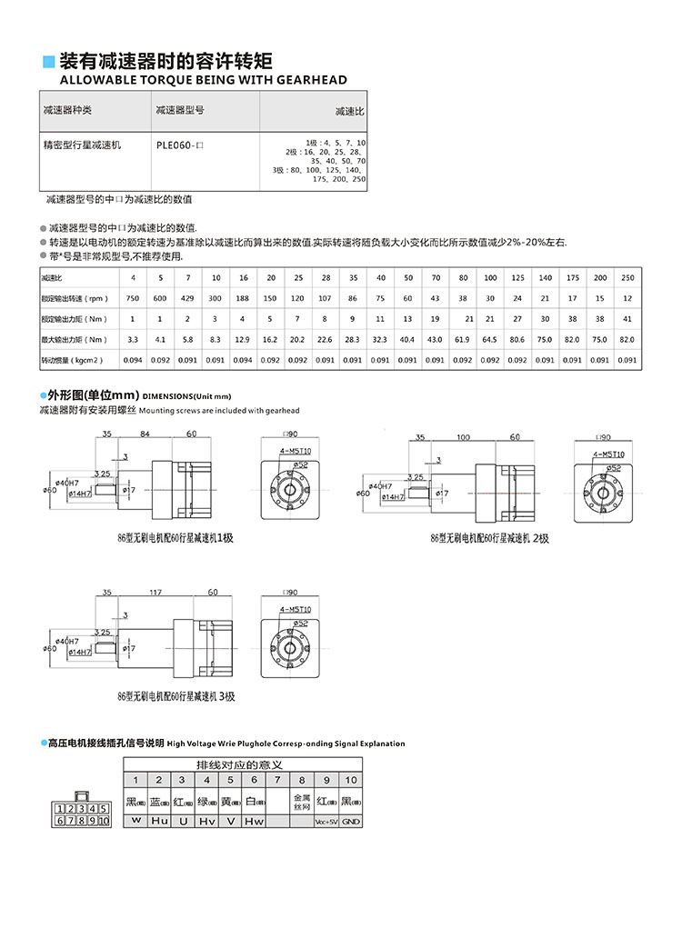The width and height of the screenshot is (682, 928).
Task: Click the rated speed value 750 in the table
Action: tap(133, 299)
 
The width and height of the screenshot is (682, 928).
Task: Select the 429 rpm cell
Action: tap(188, 299)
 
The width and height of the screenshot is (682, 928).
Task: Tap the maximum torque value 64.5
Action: tap(490, 340)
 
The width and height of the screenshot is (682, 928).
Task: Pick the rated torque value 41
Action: tap(627, 319)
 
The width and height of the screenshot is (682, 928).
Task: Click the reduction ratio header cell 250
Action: tap(627, 277)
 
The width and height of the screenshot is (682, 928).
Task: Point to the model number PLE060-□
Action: tap(179, 145)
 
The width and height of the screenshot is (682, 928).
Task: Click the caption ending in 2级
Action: tap(489, 538)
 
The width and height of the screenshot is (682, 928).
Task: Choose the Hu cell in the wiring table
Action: tap(158, 821)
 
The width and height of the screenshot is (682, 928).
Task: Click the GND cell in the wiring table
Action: tap(350, 821)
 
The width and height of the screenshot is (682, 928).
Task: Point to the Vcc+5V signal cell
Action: tap(326, 821)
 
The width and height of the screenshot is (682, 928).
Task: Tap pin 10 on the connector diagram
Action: tap(103, 821)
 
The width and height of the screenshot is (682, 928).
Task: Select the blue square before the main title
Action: tap(49, 63)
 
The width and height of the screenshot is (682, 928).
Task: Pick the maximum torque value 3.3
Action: tap(133, 340)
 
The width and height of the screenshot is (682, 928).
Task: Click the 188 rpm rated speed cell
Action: tap(243, 299)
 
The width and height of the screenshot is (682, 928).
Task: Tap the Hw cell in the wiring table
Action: tap(254, 821)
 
